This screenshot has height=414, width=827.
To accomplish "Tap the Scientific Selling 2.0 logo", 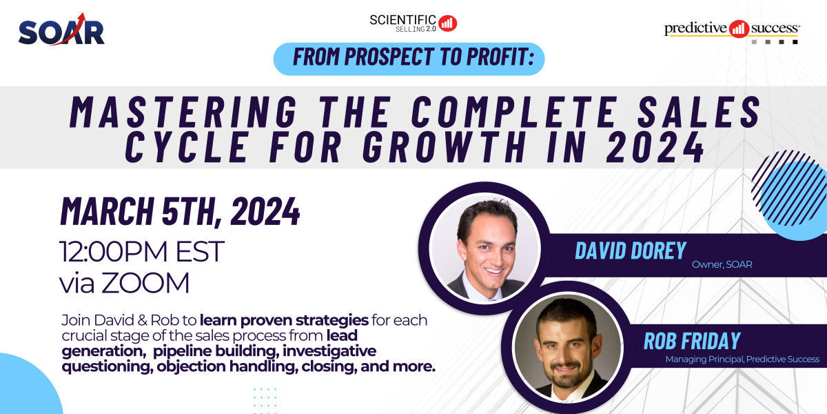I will (x=413, y=22).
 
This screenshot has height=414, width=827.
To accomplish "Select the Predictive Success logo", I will (x=732, y=30).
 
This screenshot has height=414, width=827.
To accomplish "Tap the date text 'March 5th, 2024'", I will (x=181, y=211).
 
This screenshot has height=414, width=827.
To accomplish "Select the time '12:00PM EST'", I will (x=143, y=252).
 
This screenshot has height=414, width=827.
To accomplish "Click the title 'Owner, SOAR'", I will (x=722, y=264).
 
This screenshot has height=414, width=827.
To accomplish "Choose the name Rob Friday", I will (x=692, y=341).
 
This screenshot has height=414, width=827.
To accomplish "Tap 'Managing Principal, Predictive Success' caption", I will (x=742, y=359).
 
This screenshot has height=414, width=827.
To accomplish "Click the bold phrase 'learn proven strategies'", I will (x=284, y=321).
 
